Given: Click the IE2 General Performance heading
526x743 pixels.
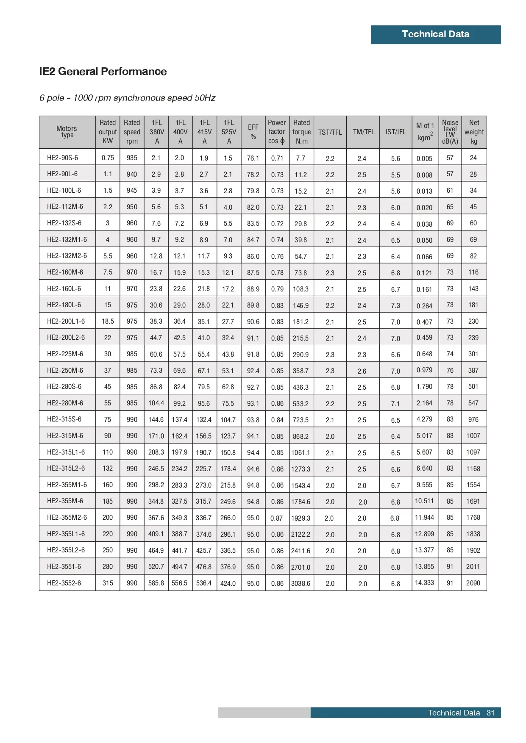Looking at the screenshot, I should point(103,71).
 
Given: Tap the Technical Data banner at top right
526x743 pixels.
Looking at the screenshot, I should point(435,34).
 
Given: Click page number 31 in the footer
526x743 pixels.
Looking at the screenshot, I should point(490,713).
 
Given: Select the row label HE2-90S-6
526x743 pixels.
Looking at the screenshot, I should point(62,158).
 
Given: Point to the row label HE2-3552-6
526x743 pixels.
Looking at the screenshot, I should point(64,583).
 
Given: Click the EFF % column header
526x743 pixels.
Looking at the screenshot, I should point(253,132).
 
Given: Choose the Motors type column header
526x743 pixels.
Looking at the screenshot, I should point(67,132).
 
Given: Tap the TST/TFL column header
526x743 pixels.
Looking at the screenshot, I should point(330,132).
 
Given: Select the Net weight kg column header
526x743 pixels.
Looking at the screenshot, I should point(474,132).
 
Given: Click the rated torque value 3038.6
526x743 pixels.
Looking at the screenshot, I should point(301,583).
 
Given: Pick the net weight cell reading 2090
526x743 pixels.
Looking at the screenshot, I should point(473,583).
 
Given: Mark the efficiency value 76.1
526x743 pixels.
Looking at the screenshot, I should point(253,158).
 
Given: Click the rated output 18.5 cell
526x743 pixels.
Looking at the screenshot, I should point(108,321).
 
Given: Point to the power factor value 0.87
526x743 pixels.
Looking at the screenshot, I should point(276,518).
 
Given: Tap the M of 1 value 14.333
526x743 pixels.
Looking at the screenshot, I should point(424,582).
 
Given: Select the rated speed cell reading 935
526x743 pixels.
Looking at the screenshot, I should point(132,158).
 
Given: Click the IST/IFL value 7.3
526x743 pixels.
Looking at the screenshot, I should point(395,305).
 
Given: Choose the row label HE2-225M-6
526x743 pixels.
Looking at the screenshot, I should point(65,354).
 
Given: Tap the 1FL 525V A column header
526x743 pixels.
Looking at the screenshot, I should point(229,132).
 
